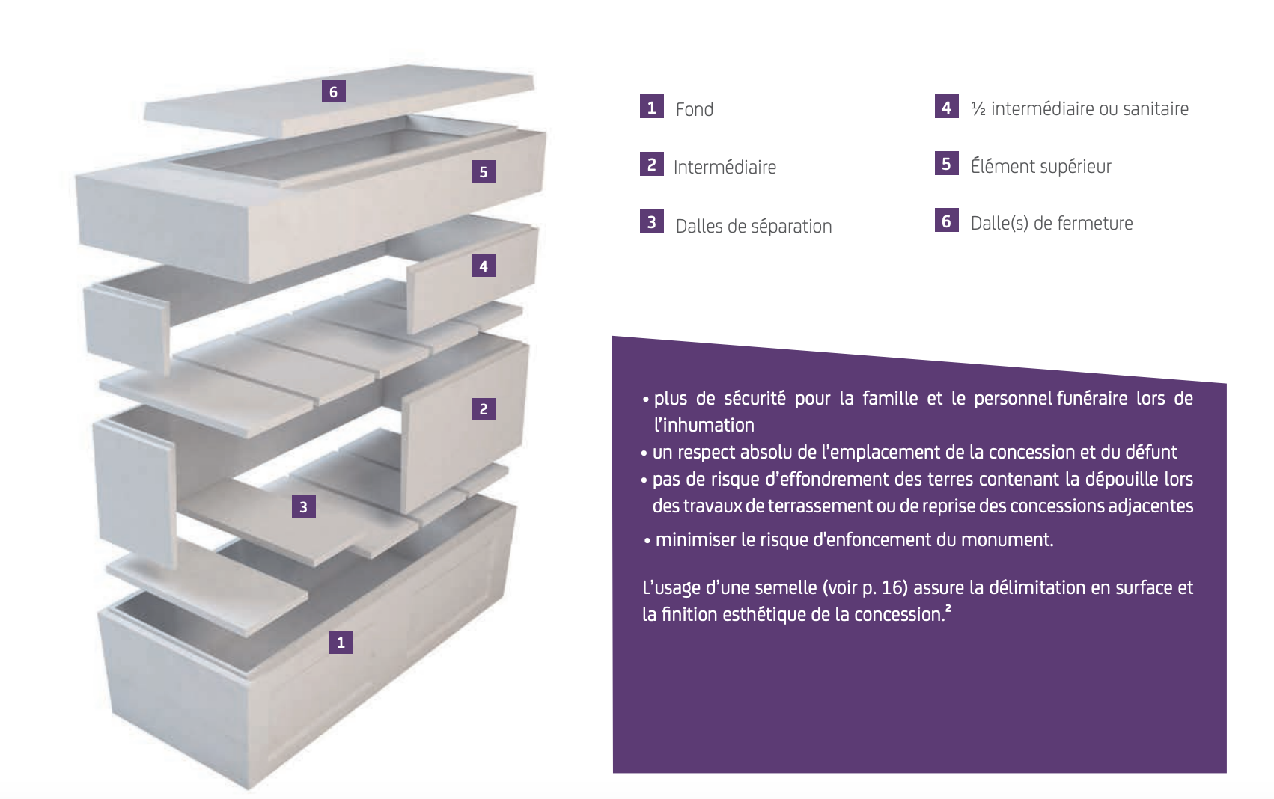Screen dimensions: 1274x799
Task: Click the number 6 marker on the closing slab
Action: [x=333, y=91]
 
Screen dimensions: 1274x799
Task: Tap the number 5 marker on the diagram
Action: [x=484, y=171]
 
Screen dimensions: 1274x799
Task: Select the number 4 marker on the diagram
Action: [x=484, y=266]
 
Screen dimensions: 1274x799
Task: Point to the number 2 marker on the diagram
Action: [x=484, y=409]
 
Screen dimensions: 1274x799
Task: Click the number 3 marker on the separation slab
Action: [x=304, y=506]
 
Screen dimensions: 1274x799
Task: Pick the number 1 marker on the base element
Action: [x=341, y=643]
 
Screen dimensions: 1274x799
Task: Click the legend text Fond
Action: [x=695, y=109]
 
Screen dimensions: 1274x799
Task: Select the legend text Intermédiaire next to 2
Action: [x=725, y=167]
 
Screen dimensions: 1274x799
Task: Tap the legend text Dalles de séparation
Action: [x=754, y=226]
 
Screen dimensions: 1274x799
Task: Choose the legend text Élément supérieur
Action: [x=1040, y=166]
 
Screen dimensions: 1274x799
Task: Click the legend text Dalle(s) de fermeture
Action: [x=1052, y=224]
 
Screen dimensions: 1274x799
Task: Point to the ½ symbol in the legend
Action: [x=978, y=109]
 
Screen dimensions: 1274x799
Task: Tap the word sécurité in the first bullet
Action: [x=755, y=398]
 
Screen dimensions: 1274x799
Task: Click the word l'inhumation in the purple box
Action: [x=704, y=425]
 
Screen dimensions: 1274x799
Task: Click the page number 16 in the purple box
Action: [x=894, y=587]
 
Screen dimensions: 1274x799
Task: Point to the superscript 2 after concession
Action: [x=948, y=609]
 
